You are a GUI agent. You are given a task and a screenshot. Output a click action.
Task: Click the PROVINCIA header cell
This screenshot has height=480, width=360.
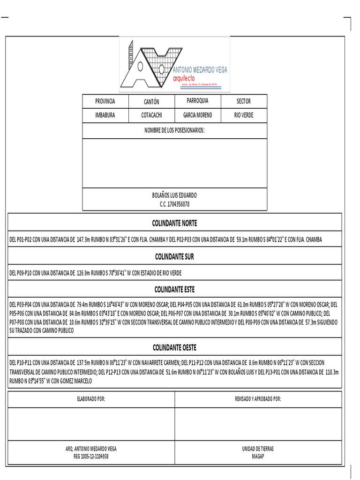[105, 101]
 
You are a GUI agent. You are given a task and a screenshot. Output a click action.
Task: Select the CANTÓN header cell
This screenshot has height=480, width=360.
[151, 102]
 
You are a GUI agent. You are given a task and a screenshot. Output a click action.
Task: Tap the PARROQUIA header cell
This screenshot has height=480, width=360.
[197, 101]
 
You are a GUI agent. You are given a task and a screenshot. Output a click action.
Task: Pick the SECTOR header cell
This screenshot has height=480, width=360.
[243, 101]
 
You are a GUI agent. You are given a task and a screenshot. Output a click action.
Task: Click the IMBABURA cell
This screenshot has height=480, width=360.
[105, 115]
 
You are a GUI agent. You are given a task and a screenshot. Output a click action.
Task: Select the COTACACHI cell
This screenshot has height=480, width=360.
[151, 115]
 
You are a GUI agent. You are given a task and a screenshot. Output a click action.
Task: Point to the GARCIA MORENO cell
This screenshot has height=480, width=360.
[197, 115]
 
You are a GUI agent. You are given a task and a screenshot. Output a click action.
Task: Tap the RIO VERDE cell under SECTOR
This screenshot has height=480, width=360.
[243, 115]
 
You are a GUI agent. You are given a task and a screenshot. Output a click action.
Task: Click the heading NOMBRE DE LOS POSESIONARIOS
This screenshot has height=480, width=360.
[174, 131]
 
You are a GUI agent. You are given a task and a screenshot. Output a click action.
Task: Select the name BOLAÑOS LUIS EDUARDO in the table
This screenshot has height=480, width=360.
[174, 195]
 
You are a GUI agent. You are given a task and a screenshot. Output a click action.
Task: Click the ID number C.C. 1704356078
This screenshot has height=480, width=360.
[174, 204]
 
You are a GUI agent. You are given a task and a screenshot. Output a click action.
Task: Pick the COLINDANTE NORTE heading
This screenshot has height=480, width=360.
[174, 223]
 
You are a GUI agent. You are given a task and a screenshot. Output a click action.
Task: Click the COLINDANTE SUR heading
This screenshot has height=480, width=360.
[174, 257]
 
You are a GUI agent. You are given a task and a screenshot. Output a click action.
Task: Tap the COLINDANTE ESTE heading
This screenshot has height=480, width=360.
[174, 289]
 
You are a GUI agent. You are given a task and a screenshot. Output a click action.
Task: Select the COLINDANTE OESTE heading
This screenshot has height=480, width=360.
[174, 347]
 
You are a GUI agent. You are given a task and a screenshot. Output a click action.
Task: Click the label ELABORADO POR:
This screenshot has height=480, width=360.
[91, 399]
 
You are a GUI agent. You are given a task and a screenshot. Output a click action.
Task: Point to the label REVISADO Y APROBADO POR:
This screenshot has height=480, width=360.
[258, 399]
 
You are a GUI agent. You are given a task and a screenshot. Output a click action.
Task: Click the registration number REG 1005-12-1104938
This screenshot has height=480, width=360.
[91, 456]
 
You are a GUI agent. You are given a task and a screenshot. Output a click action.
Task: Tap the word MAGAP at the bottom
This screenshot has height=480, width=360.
[258, 456]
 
